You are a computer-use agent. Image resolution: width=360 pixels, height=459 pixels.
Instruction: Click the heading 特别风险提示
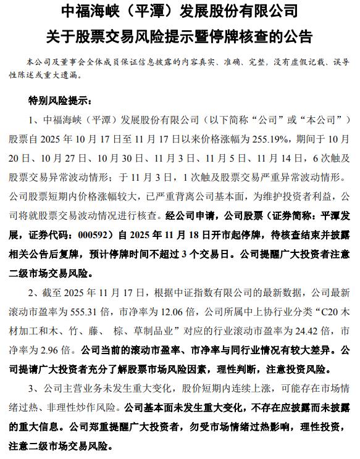click(59, 100)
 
